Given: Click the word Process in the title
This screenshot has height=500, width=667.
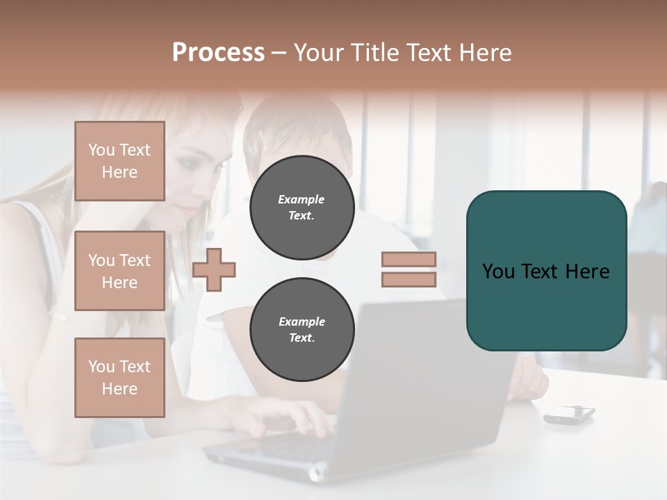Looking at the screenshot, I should point(218,53).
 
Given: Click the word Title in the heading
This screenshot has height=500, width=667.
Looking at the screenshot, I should point(375,53).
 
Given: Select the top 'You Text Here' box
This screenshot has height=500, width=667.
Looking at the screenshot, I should point(120,161).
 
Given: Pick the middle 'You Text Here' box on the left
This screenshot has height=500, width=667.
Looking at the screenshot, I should point(120,271).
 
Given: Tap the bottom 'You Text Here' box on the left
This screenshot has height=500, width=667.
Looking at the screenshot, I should point(120,377).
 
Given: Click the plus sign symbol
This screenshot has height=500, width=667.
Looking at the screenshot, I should point(214,269).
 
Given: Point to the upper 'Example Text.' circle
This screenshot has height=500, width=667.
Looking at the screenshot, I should point(302,208).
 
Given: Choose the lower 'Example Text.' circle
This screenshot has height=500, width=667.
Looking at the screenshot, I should point(302,330).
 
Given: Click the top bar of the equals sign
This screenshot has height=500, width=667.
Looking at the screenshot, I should point(409,260).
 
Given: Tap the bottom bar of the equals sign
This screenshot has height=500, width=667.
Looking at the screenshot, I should point(409,279).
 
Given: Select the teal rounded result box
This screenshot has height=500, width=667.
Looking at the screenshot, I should point(546,306).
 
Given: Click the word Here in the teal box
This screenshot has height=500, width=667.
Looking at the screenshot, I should point(587,272).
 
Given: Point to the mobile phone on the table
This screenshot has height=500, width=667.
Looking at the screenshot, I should point(569,414).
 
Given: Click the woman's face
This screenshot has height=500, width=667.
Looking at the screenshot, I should point(198,174).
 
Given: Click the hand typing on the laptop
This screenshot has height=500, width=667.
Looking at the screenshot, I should point(292,419).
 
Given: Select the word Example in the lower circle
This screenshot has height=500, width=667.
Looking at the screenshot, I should point(302,322).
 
